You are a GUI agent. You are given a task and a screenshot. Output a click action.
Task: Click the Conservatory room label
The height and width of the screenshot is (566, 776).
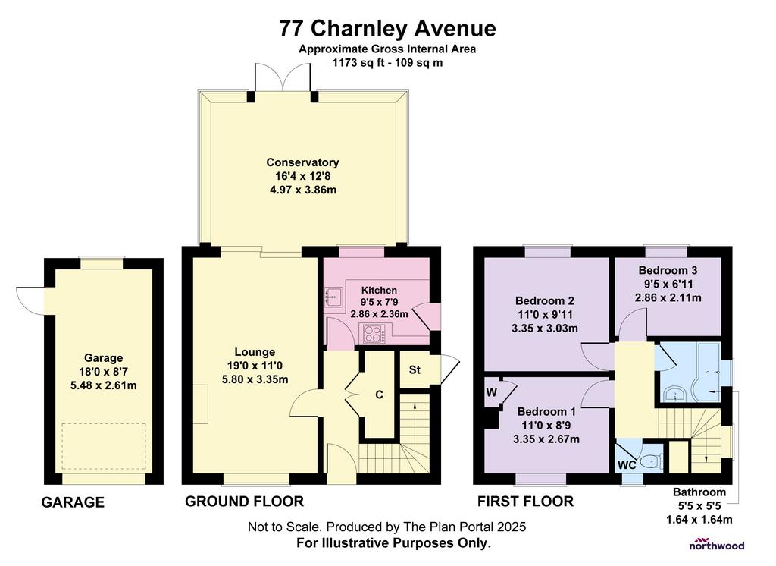coord(302,162)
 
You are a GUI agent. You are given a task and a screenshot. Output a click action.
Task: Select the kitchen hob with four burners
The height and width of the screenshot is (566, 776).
coord(374,334)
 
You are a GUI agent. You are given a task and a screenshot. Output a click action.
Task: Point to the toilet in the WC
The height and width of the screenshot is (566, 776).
coord(651,462)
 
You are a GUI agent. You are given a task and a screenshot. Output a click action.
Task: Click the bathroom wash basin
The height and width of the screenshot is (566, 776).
coord(674,395)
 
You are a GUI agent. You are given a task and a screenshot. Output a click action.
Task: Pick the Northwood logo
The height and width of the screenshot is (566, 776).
coord(717,544)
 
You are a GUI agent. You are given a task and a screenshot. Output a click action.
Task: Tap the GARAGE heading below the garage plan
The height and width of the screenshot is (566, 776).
coord(73,502)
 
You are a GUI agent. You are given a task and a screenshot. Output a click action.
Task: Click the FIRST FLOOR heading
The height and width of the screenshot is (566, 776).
coord(525,502)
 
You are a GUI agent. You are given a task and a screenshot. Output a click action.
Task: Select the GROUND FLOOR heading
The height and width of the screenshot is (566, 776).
coord(245,502)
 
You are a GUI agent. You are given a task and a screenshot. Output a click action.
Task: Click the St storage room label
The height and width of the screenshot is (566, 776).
coord(415,369)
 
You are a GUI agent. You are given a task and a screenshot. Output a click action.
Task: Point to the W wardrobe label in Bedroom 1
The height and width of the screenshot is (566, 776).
coord(491,393)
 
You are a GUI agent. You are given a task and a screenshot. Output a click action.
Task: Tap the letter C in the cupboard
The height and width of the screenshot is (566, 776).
coord(379,395)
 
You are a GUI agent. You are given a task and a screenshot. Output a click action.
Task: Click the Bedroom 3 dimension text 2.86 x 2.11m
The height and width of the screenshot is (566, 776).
coord(668,298)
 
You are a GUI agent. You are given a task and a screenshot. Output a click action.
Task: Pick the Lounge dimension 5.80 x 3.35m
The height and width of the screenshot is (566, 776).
coord(255,379)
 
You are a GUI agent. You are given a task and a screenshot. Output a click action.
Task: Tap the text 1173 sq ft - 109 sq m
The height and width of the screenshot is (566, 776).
coord(387,63)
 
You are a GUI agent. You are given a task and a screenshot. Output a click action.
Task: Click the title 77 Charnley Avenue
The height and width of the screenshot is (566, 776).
coord(387,28)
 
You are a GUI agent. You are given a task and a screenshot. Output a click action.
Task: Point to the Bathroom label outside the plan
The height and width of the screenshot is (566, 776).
coord(699,492)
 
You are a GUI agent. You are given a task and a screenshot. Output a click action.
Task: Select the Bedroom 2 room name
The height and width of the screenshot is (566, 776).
coord(545,301)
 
